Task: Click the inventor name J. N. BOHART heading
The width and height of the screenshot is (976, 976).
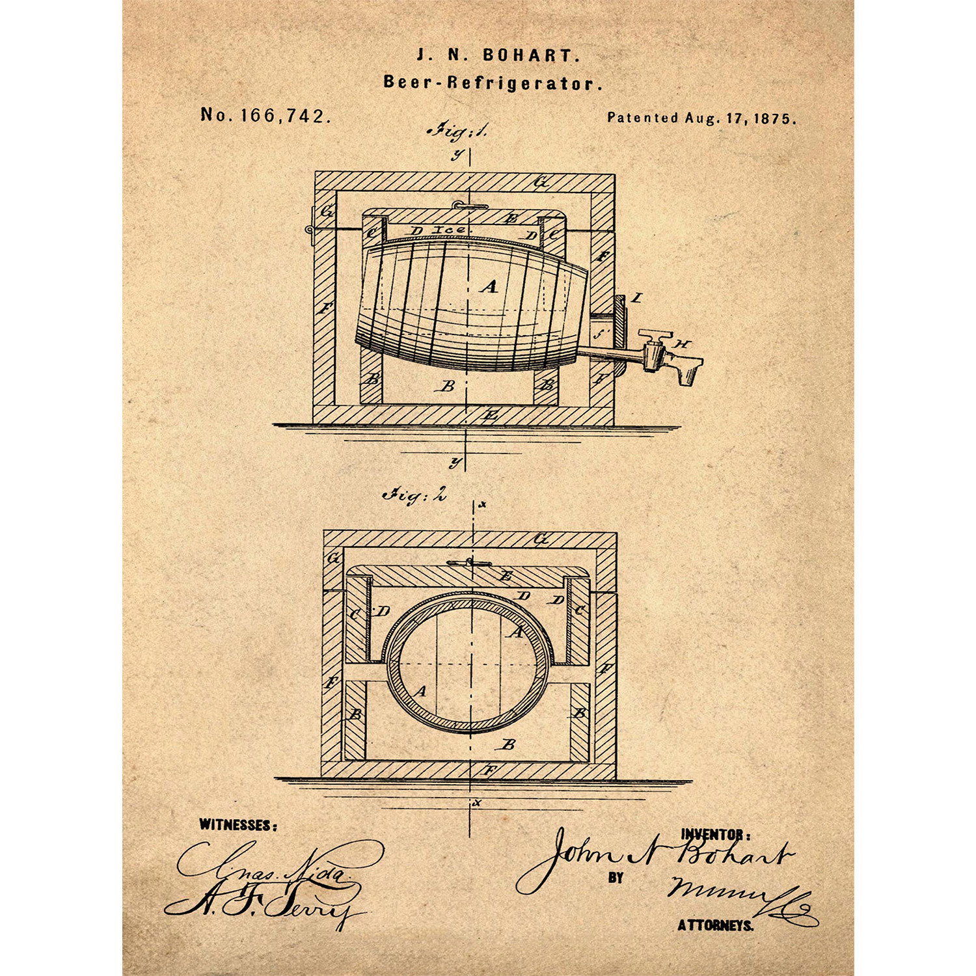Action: click(x=498, y=55)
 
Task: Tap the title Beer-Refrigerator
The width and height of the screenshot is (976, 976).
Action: click(x=493, y=83)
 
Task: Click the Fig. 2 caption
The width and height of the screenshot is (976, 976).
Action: click(x=414, y=495)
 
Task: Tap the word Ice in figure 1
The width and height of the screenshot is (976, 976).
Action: click(x=448, y=230)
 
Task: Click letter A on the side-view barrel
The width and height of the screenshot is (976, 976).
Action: click(x=489, y=286)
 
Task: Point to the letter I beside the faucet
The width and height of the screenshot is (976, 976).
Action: click(x=637, y=298)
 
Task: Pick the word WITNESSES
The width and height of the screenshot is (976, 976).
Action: click(x=237, y=825)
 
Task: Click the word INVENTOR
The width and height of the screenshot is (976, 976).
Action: click(x=715, y=834)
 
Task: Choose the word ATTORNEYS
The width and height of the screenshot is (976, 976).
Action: click(x=715, y=925)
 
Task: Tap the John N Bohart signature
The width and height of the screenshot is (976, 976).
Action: click(x=657, y=858)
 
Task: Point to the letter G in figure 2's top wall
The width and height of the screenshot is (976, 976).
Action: click(x=541, y=539)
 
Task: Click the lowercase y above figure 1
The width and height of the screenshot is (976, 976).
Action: click(x=458, y=155)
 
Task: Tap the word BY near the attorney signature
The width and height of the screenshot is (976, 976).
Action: click(x=616, y=878)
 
